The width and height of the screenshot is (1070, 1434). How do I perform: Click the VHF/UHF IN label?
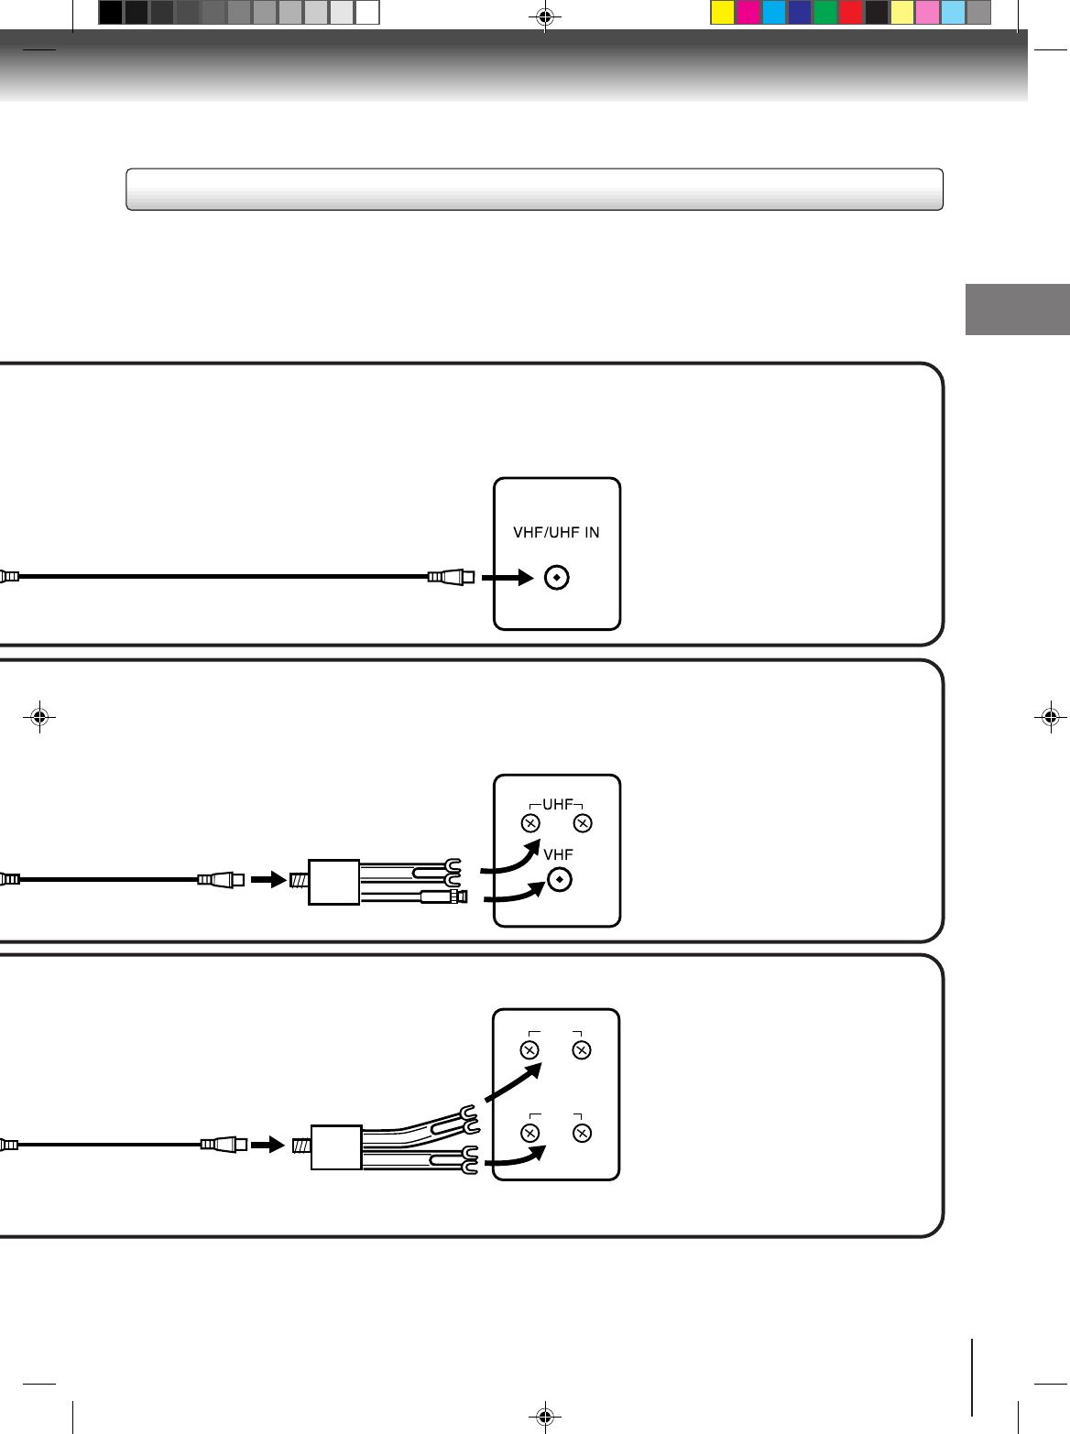556,532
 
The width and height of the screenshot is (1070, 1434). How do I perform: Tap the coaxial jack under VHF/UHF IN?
557,578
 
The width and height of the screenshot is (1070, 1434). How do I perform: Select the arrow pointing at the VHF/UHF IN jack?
508,578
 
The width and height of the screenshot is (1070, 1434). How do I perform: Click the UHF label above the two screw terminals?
557,804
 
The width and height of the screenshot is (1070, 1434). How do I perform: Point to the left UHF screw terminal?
530,823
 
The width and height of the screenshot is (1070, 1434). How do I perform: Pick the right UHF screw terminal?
583,823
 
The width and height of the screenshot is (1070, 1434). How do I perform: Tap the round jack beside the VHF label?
559,880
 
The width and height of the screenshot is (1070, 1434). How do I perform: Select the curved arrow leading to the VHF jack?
513,892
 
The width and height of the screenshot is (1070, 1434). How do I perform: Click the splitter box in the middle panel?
333,882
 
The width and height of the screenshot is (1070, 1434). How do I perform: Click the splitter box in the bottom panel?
336,1147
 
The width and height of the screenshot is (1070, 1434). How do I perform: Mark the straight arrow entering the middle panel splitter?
268,880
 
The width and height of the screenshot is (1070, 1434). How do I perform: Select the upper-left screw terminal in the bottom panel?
530,1049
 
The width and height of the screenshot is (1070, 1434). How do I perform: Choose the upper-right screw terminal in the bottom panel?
582,1049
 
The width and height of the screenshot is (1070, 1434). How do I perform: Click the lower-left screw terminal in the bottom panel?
530,1133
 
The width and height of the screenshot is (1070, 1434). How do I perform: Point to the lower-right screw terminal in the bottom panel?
582,1133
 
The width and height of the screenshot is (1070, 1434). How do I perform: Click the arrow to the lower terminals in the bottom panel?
515,1158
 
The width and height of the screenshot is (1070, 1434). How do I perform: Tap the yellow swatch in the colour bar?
723,13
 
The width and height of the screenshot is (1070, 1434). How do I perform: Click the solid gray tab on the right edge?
1017,310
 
